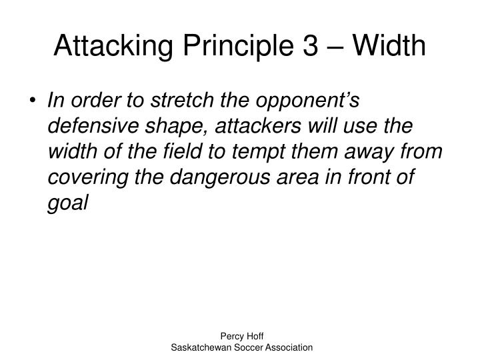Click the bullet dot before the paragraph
[35, 102]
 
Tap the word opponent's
[311, 101]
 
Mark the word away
[382, 153]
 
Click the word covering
[83, 178]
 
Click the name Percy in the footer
[230, 338]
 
